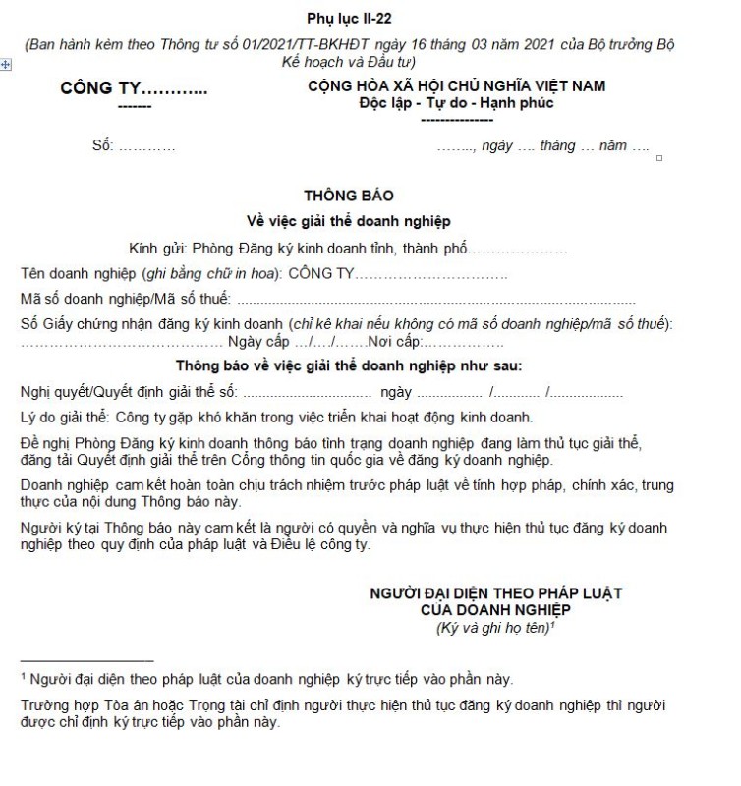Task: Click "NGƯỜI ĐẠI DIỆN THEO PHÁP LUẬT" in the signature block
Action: [495, 594]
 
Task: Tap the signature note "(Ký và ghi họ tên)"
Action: [491, 628]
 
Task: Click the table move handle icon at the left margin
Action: [6, 64]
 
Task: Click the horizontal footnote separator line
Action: [86, 660]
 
